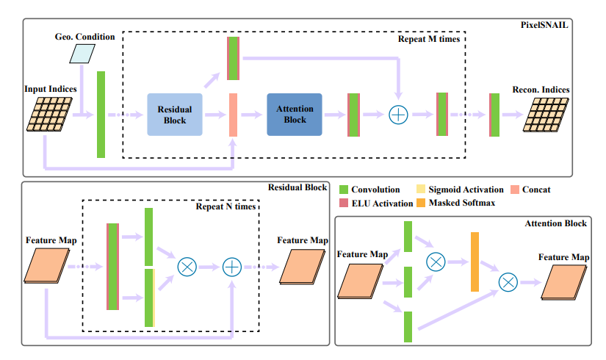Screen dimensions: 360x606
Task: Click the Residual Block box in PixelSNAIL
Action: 174,115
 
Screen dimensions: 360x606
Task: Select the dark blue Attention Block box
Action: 294,115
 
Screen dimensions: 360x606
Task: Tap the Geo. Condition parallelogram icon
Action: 84,53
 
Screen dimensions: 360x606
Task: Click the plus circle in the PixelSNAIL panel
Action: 397,115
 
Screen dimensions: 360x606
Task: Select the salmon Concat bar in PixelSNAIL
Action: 233,115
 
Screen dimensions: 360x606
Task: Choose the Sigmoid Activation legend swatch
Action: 422,190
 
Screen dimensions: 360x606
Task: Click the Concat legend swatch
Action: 513,190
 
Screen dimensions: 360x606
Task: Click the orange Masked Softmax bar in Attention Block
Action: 475,262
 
